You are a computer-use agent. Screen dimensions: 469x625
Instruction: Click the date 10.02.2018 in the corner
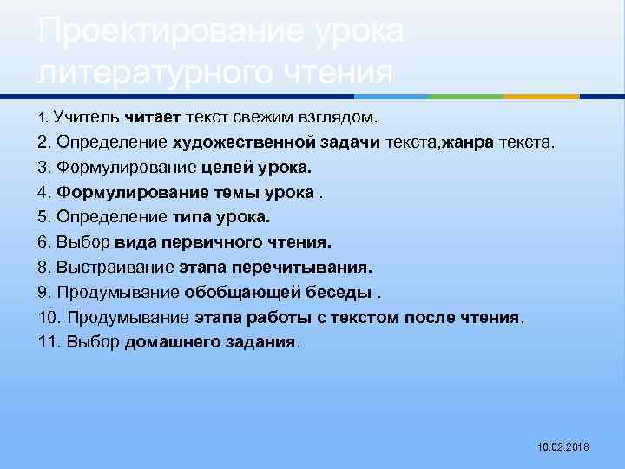click(563, 446)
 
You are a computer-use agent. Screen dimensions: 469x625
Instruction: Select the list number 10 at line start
click(49, 317)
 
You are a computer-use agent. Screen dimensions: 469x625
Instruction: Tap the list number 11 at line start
click(49, 342)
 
